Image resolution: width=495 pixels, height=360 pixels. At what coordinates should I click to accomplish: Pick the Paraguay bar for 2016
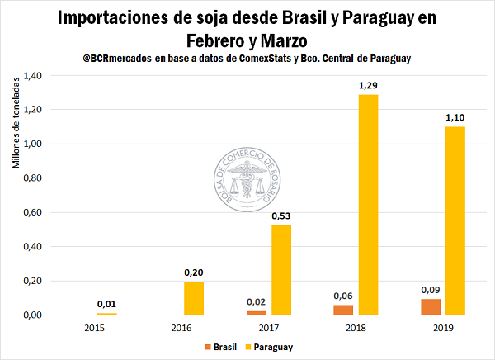pyautogui.click(x=192, y=298)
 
